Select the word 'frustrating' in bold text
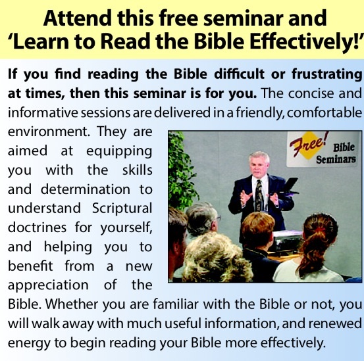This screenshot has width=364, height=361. (x=327, y=75)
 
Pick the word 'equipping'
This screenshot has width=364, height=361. (x=119, y=152)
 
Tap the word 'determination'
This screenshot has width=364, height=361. (x=86, y=189)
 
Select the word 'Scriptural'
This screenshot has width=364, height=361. (x=122, y=208)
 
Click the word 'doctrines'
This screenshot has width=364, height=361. (x=37, y=228)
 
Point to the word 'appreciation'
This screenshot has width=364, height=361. (x=48, y=285)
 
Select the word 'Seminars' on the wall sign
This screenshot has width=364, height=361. (x=336, y=160)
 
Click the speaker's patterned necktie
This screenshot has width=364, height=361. (x=259, y=195)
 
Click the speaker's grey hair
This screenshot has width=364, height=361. (x=259, y=156)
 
